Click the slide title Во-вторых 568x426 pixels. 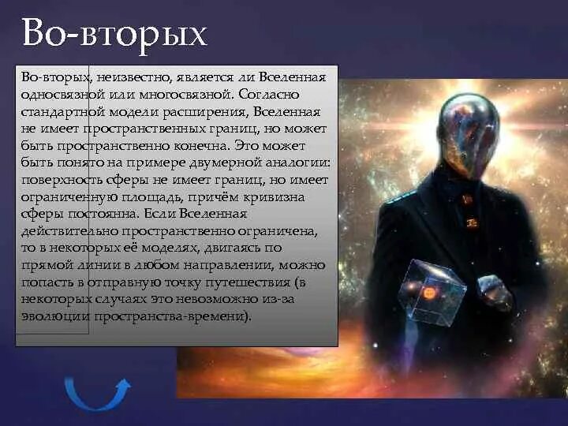tap(114, 33)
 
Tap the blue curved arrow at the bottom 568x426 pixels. tap(97, 392)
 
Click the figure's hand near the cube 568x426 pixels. tap(495, 293)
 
